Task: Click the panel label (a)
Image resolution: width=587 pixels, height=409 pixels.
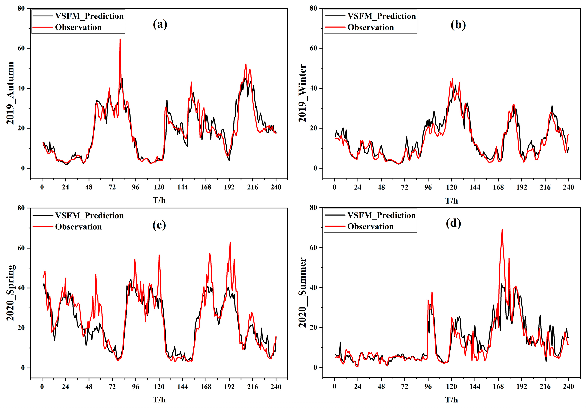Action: click(160, 25)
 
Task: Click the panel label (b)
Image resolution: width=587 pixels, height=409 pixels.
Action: click(458, 25)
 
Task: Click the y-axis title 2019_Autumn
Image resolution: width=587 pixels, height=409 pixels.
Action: click(10, 93)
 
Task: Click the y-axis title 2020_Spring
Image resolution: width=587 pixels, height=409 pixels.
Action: click(10, 293)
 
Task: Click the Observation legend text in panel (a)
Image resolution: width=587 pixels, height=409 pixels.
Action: click(78, 27)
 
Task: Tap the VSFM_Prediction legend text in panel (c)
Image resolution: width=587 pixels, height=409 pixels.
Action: click(89, 216)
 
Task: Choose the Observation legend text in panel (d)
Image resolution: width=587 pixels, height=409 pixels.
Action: click(371, 227)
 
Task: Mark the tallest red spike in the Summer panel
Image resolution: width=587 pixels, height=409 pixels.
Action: click(502, 229)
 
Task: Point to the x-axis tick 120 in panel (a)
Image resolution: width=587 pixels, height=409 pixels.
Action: click(159, 187)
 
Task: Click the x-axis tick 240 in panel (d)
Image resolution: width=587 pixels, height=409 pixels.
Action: click(568, 387)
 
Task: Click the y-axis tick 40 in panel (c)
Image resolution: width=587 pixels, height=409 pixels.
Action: click(21, 288)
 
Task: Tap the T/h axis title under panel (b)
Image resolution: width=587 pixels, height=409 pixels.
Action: click(451, 201)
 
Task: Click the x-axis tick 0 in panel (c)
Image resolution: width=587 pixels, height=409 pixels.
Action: click(42, 387)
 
